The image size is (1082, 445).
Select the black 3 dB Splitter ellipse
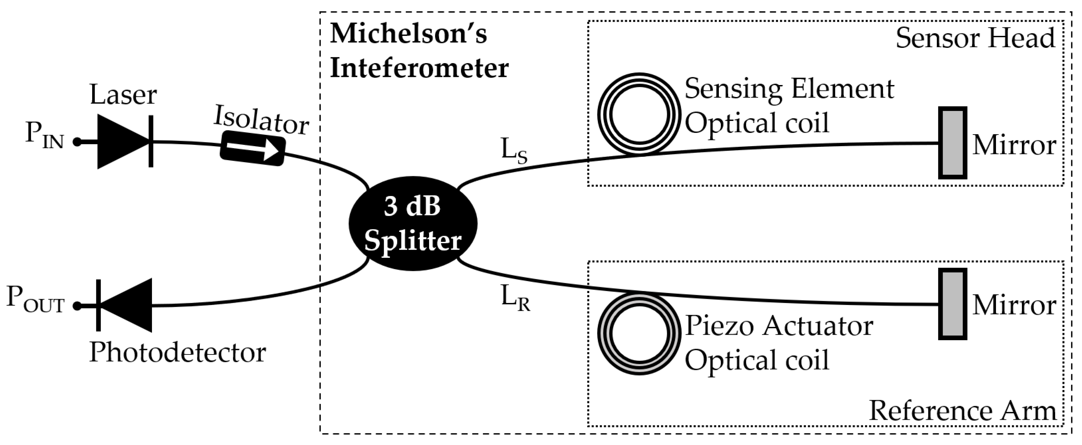[413, 223]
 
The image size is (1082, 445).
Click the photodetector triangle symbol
[128, 306]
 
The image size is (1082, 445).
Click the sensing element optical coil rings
[639, 114]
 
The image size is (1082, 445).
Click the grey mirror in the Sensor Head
[953, 143]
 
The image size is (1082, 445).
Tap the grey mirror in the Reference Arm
[953, 304]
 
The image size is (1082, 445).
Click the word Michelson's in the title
[408, 34]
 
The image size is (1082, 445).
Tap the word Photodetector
[177, 352]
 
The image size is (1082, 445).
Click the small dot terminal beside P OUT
[77, 306]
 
